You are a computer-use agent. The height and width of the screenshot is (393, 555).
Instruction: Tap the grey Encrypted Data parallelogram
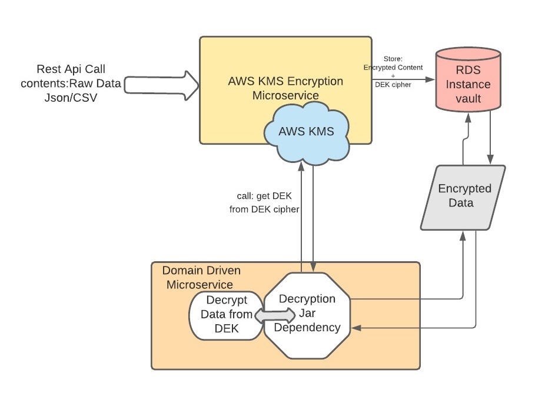464,196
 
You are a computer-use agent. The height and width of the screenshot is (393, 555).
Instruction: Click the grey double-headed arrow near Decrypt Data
274,315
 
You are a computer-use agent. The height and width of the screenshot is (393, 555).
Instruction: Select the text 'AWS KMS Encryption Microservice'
285,88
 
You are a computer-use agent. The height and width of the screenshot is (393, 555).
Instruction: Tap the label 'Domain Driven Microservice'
201,278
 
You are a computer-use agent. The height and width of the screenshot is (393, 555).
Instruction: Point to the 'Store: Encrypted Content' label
393,63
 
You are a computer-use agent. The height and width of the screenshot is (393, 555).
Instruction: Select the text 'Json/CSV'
71,98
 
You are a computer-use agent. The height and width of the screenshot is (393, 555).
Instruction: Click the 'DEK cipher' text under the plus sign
394,85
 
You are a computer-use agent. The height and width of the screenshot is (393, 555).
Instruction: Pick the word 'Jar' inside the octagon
307,313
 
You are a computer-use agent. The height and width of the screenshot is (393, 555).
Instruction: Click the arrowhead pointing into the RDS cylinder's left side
431,79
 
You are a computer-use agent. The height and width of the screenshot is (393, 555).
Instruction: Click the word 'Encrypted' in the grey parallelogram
464,189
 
